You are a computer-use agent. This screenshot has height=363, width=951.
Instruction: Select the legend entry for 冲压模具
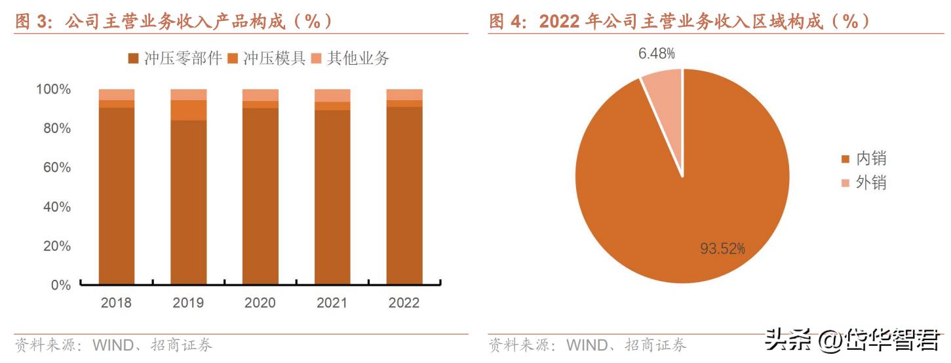click(267, 59)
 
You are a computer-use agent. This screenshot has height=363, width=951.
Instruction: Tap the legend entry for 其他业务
click(351, 59)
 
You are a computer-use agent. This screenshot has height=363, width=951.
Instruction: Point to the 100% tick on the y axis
click(53, 89)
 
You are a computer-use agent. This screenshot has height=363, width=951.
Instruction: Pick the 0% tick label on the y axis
click(60, 286)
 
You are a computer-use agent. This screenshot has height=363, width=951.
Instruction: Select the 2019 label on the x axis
click(188, 303)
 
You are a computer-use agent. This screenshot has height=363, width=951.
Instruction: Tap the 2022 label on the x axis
click(404, 303)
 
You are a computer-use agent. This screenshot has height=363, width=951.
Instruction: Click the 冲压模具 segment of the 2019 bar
click(188, 110)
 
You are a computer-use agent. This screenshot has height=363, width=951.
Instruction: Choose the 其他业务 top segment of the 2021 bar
click(332, 96)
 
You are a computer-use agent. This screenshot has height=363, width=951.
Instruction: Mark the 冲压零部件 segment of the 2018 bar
click(117, 197)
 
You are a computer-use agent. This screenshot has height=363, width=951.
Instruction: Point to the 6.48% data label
click(657, 54)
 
